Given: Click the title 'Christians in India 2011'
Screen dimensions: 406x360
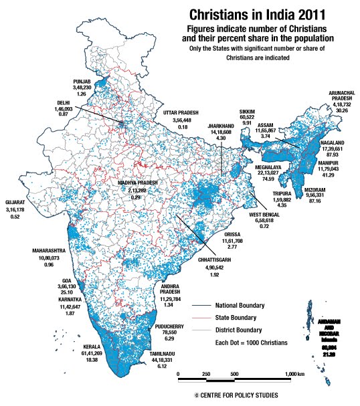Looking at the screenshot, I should (258, 14).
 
